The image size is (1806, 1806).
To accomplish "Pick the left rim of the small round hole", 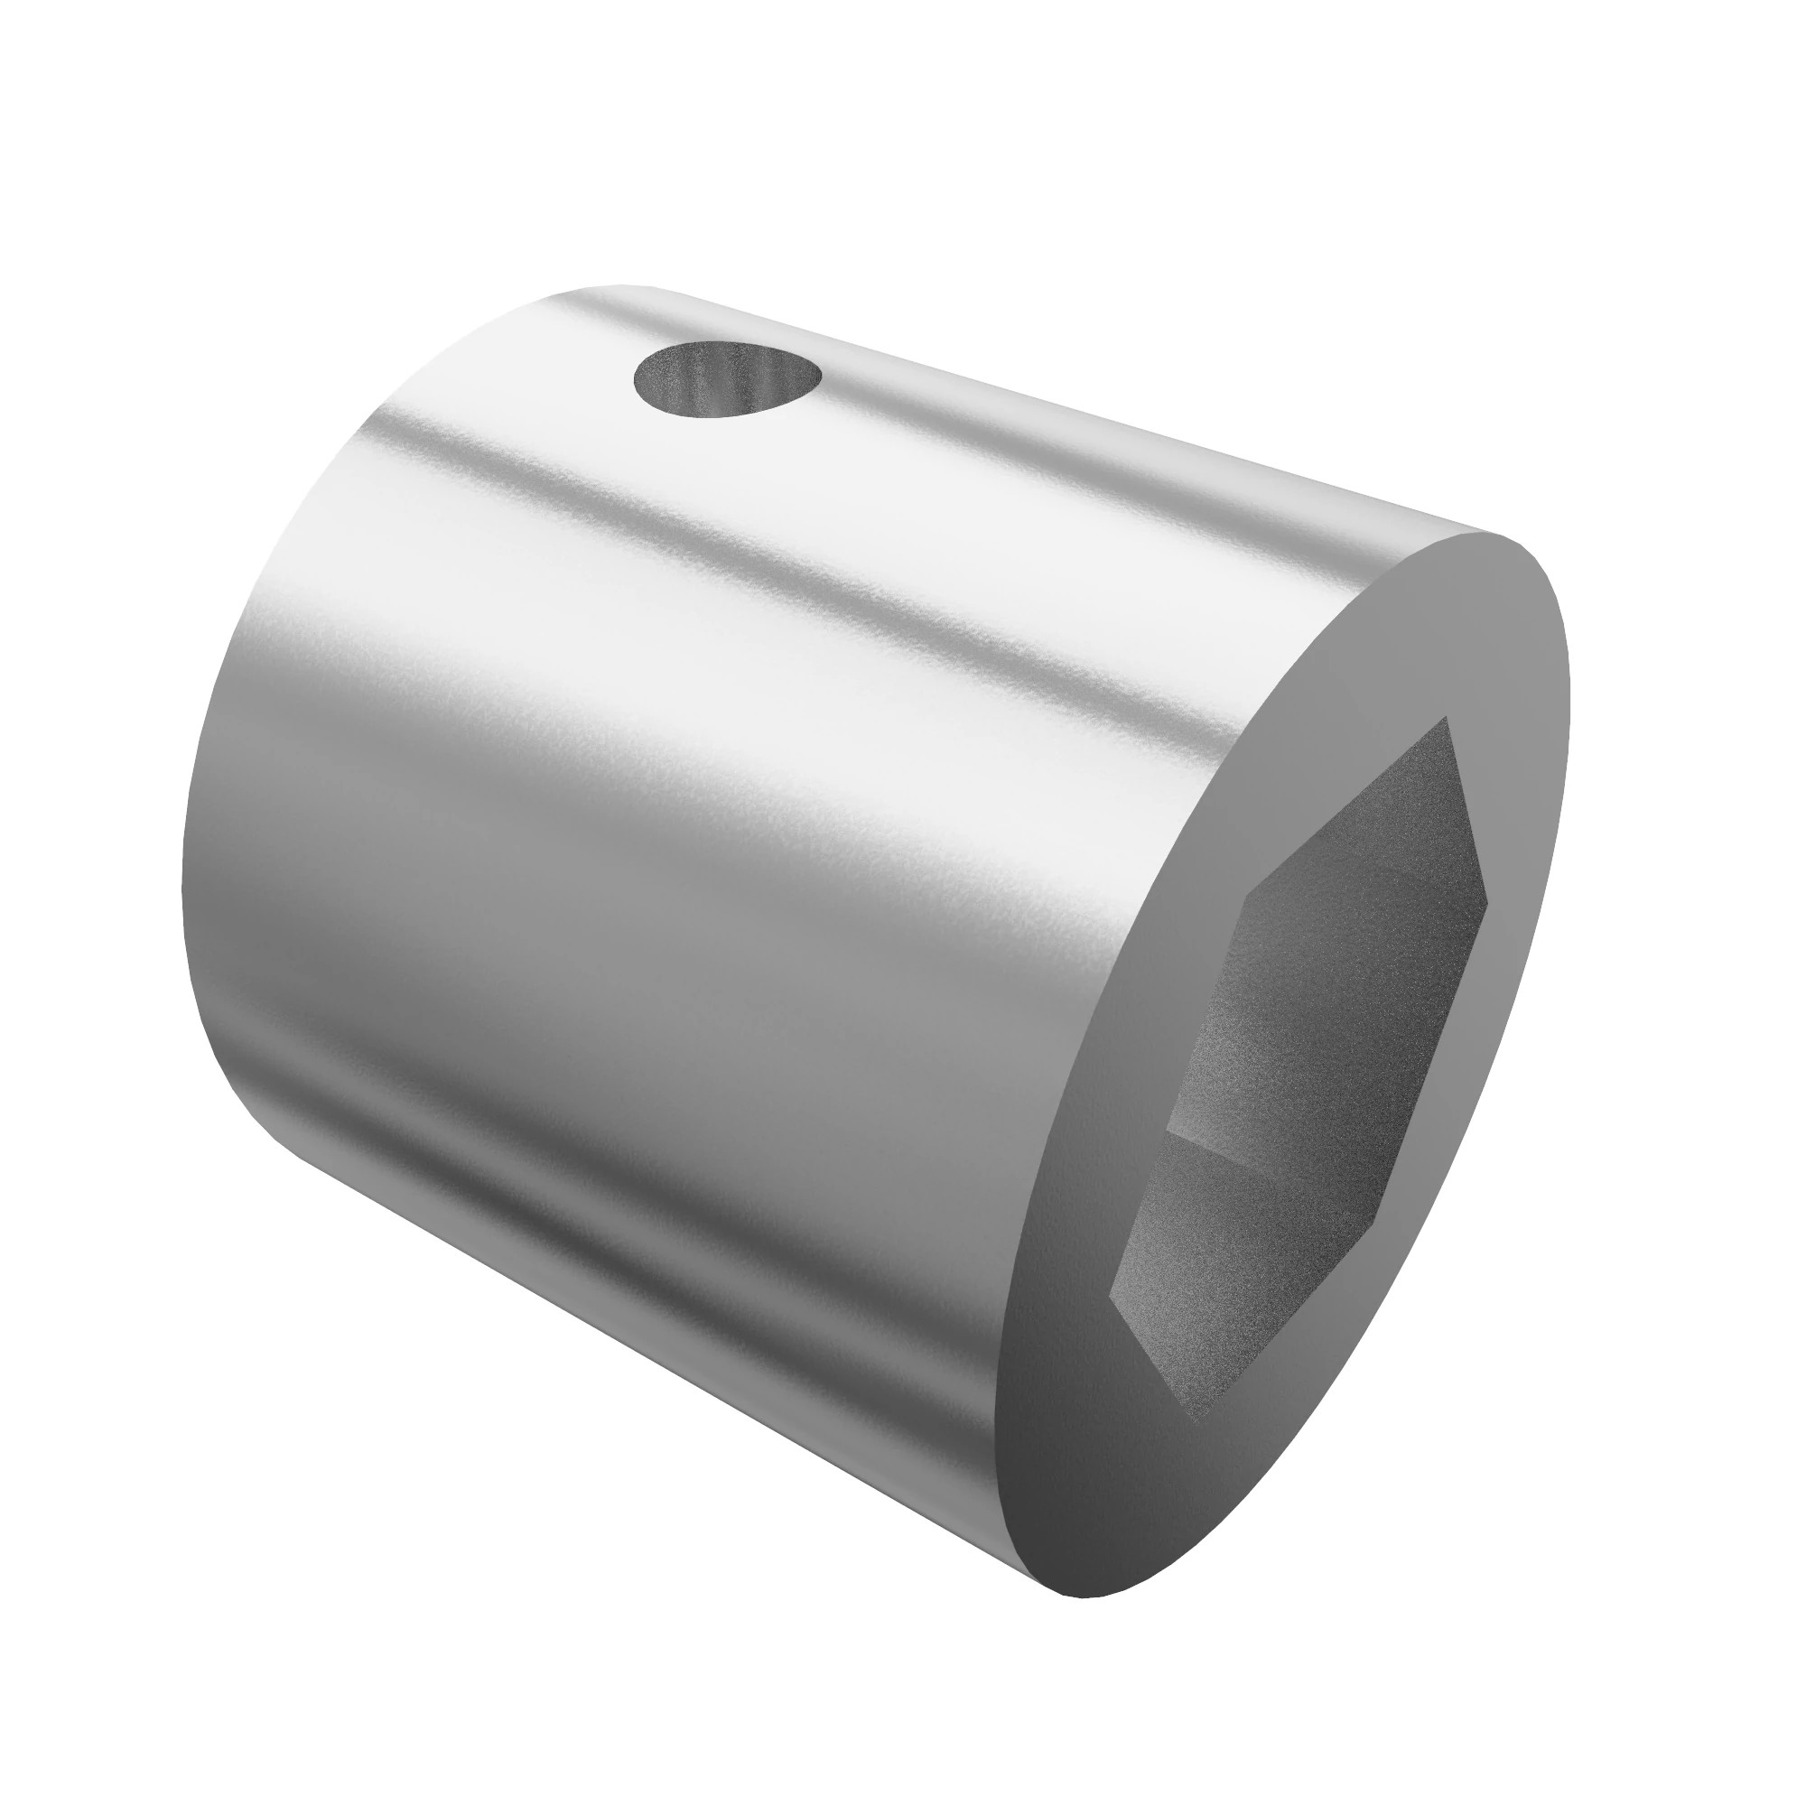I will click(x=638, y=381).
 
